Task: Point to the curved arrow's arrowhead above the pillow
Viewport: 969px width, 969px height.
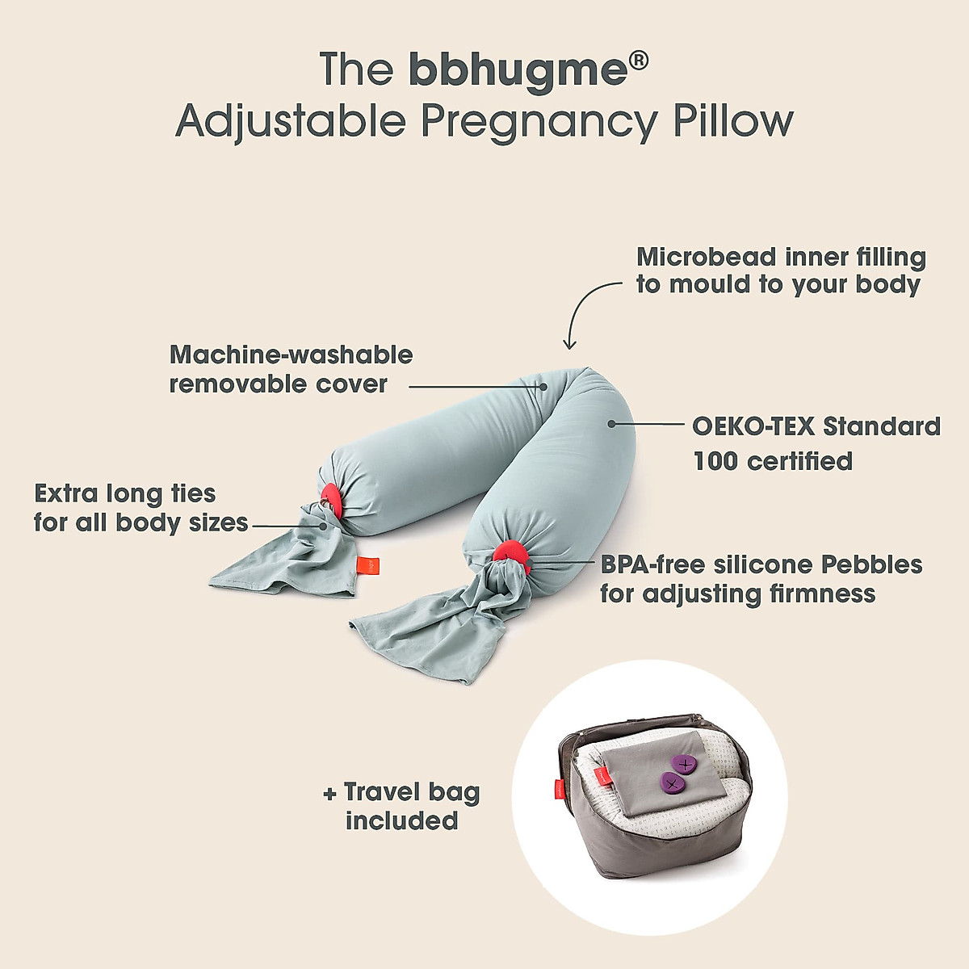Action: click(x=571, y=345)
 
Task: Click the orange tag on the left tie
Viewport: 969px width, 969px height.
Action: click(x=363, y=564)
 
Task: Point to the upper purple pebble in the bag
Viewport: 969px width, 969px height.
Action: click(x=685, y=763)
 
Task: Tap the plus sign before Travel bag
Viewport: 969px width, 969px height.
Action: click(x=329, y=794)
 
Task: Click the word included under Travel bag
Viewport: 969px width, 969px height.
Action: click(x=401, y=821)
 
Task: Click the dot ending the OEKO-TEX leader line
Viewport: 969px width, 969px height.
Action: click(x=611, y=422)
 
